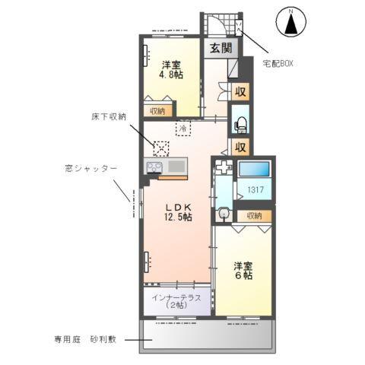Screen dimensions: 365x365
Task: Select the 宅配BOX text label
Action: pos(278,64)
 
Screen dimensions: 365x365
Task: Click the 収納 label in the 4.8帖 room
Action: pos(157,111)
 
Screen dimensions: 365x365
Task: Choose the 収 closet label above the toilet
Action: pos(240,92)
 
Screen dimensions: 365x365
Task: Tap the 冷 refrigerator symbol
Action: pos(184,129)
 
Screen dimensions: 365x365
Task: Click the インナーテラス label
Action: pos(176,301)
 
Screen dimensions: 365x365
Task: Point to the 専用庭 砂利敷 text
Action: pos(84,339)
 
